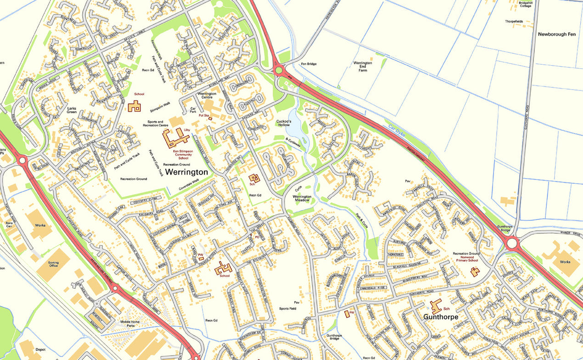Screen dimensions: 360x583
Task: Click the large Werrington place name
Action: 186,172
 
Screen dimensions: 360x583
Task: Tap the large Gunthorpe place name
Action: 441,317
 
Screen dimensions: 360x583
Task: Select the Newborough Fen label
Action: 556,34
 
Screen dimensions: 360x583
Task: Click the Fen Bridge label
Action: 309,64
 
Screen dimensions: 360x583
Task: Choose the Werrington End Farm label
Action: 362,67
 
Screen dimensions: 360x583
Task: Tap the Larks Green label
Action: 71,110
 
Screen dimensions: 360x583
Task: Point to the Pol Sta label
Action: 204,116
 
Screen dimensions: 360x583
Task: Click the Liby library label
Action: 187,130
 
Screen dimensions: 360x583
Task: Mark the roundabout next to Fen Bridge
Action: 278,70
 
